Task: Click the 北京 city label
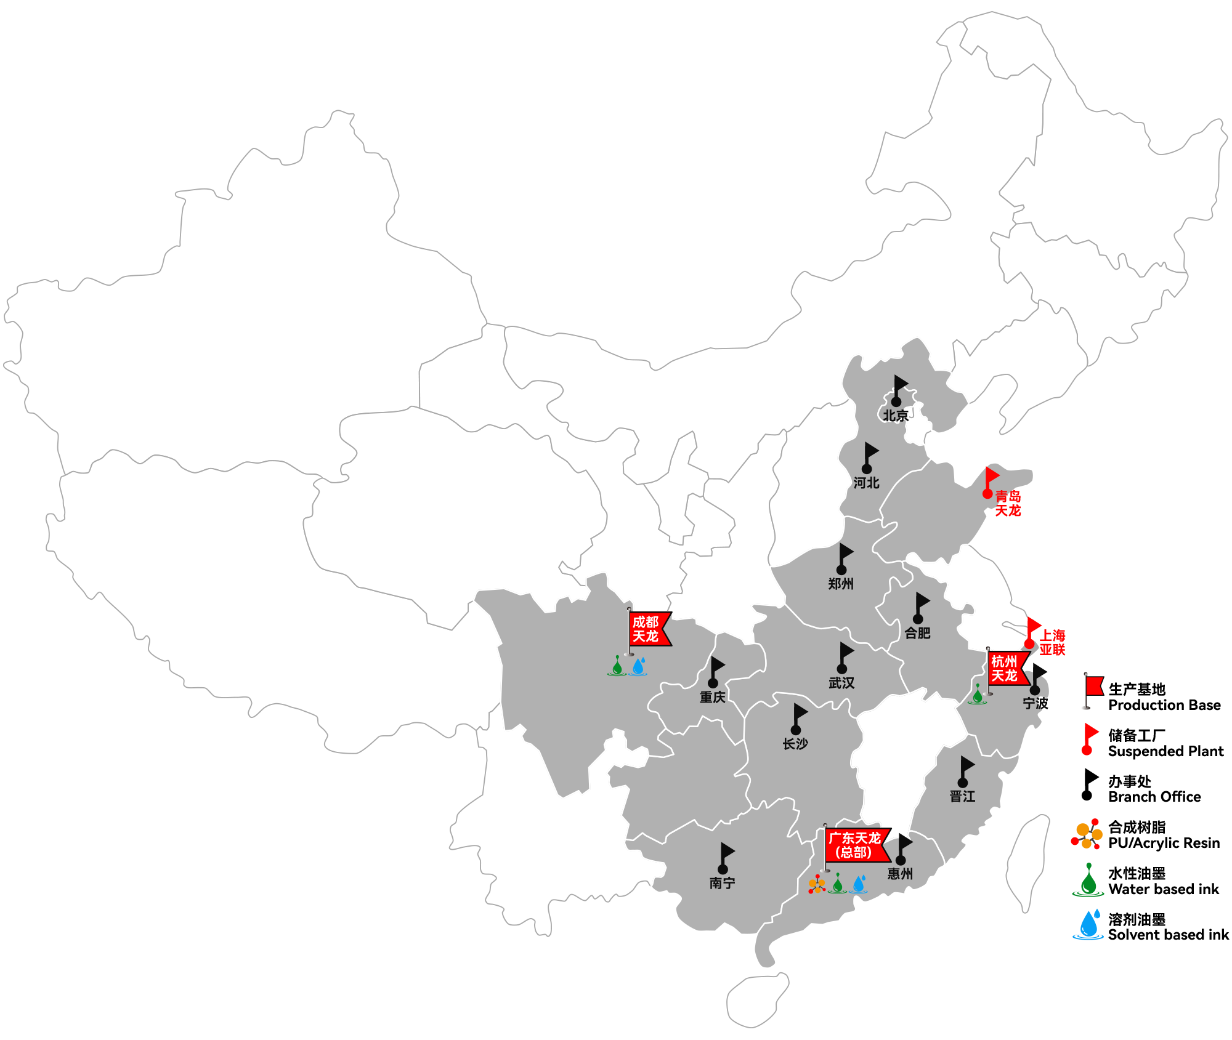(895, 416)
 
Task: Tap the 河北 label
(866, 483)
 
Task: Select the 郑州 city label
(841, 584)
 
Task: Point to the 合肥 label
(917, 632)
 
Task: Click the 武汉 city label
(841, 683)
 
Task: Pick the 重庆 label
(713, 697)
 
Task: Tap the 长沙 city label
(795, 744)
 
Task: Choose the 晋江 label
(962, 796)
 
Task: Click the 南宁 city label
(722, 883)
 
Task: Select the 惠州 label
(900, 874)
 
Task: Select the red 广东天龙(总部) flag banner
(856, 845)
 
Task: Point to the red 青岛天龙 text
(1008, 503)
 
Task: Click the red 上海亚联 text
(1053, 642)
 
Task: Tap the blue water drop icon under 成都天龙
(639, 666)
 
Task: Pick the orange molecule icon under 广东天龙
(817, 885)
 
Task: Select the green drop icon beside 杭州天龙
(978, 695)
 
